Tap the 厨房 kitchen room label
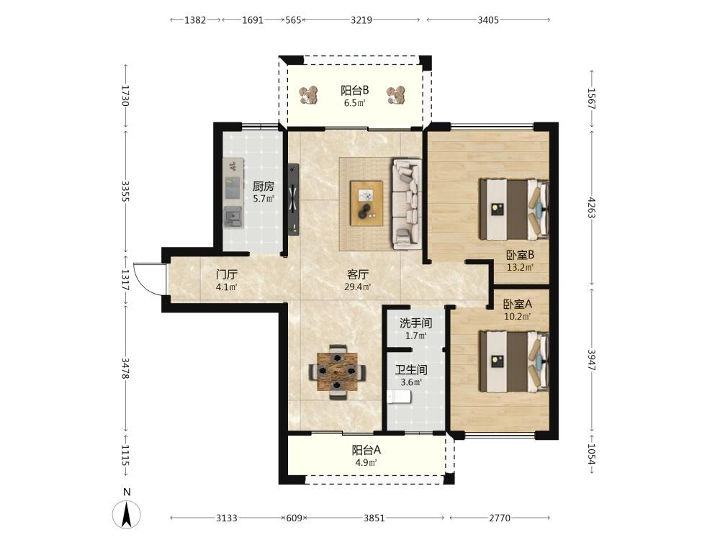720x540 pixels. (264, 186)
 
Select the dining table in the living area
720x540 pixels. (338, 372)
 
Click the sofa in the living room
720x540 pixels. (407, 204)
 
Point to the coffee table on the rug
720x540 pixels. (366, 203)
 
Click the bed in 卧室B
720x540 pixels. (514, 210)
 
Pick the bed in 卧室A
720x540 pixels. (514, 362)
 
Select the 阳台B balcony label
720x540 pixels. (354, 90)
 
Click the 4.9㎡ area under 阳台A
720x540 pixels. (366, 462)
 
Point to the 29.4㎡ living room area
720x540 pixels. (358, 287)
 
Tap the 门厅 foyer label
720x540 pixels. (227, 274)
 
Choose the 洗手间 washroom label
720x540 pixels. (415, 323)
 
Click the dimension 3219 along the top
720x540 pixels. (361, 19)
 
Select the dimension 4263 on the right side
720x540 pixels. (591, 208)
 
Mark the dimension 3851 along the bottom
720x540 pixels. (374, 518)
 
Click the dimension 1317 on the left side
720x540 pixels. (125, 280)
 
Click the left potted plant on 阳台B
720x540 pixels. (310, 95)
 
